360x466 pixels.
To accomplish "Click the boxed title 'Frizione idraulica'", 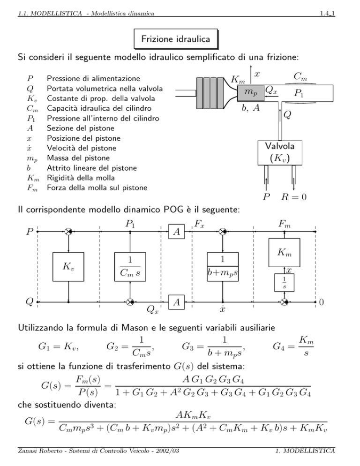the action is coord(176,39).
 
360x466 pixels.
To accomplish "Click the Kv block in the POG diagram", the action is coord(68,267).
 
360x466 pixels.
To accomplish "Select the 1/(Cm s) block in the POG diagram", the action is coord(130,267).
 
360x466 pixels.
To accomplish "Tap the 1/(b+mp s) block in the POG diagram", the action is coord(223,267).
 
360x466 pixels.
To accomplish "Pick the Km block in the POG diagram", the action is coord(284,253).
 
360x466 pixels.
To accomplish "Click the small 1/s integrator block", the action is coord(284,282).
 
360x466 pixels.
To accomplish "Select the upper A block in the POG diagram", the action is coord(177,232).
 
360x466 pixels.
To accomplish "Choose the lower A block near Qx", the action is coord(177,302).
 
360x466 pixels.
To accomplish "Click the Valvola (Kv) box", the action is coord(280,153).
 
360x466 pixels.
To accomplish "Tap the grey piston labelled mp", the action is coord(251,93).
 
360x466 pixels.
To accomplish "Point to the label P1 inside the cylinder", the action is coord(299,93).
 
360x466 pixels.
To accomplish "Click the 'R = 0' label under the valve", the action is coord(294,197).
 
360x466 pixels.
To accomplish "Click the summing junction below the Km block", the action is coord(285,302).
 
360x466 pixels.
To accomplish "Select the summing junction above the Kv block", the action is coord(68,232).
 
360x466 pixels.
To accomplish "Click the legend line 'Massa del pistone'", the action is coord(78,158).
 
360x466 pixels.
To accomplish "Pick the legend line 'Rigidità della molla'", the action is coord(81,178).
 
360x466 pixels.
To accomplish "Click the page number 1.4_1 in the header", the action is coord(327,14).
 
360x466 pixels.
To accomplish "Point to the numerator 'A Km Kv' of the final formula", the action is coord(193,415).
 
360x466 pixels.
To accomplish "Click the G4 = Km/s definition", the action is coord(293,346).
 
